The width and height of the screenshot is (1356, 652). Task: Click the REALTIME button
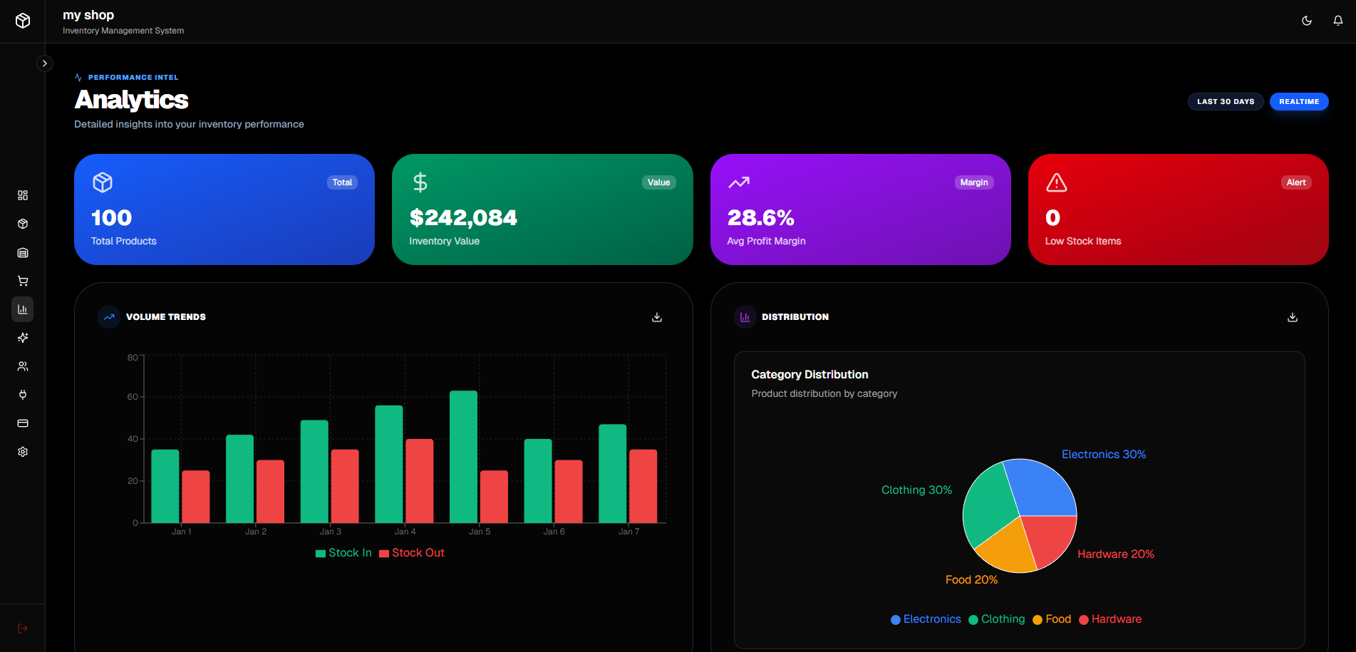click(x=1298, y=102)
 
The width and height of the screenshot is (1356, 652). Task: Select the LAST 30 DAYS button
click(x=1225, y=102)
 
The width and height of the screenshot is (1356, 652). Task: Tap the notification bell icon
click(x=1337, y=21)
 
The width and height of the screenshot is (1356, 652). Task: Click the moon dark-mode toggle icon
click(x=1306, y=21)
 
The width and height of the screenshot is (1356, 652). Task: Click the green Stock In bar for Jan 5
click(x=463, y=457)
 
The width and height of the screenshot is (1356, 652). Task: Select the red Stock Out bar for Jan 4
click(x=419, y=481)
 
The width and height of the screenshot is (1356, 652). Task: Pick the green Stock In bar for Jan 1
click(x=165, y=486)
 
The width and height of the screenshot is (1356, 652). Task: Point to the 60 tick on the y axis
click(x=133, y=397)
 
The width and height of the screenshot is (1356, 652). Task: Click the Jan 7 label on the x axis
click(x=628, y=532)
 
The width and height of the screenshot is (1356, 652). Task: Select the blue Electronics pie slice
click(x=1040, y=487)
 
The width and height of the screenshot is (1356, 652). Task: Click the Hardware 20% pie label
click(x=1115, y=554)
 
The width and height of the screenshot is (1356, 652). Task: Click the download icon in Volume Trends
click(x=657, y=317)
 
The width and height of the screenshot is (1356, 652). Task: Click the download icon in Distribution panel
click(x=1292, y=317)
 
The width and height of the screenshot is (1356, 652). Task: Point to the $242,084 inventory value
click(x=463, y=218)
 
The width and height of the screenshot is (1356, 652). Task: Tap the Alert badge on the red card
click(x=1295, y=182)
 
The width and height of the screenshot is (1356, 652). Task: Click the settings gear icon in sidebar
click(x=23, y=452)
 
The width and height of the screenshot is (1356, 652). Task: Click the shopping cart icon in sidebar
click(x=23, y=281)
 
